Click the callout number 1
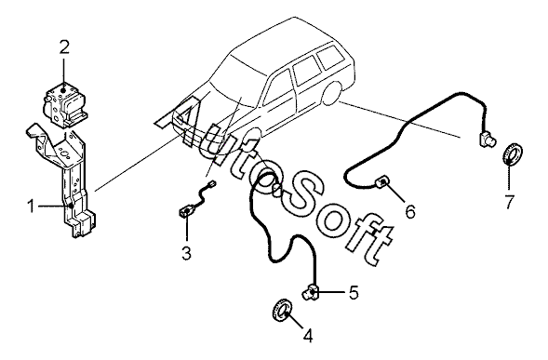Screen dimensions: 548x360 click(x=31, y=207)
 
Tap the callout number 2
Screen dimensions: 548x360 click(x=64, y=47)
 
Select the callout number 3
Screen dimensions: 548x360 click(x=187, y=253)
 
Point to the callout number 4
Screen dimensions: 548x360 click(x=308, y=336)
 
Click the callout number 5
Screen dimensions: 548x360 click(x=354, y=292)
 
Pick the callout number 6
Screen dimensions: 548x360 click(x=410, y=211)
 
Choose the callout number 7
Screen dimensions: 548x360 click(x=510, y=202)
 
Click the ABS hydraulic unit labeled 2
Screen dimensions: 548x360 click(x=65, y=104)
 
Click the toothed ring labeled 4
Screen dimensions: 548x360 click(x=282, y=309)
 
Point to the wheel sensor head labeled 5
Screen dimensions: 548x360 click(x=311, y=292)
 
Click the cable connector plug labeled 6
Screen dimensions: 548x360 click(x=382, y=182)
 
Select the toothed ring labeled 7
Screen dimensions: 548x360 click(x=513, y=153)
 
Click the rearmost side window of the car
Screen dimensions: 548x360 click(x=331, y=56)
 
